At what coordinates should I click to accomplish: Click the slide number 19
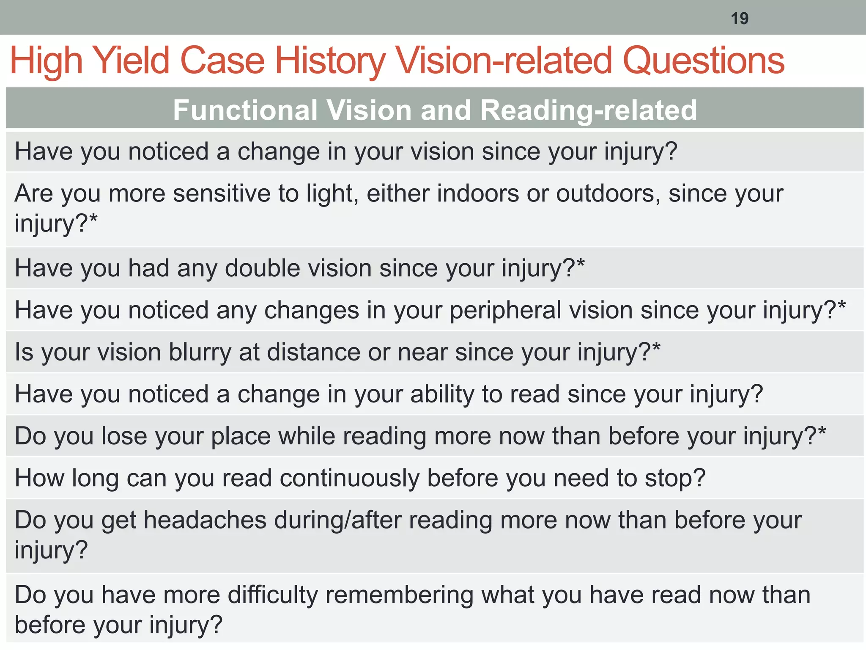click(740, 19)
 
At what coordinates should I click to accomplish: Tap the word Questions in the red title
click(704, 61)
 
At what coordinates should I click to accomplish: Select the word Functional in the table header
click(245, 110)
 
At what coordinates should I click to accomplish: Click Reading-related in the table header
click(589, 110)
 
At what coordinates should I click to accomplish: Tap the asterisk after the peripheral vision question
click(841, 306)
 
